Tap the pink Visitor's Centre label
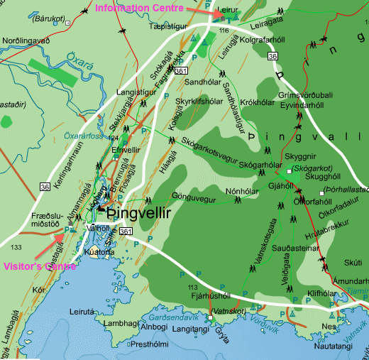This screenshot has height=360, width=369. (x=39, y=267)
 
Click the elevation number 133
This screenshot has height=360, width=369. (x=16, y=247)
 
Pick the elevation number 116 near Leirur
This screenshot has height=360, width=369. (x=226, y=32)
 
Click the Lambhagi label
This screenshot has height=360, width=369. (x=119, y=322)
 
